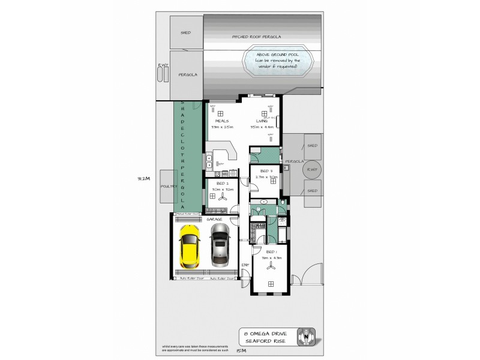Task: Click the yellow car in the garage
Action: tap(189, 248)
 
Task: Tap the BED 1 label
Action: tap(271, 251)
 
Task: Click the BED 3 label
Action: tap(267, 171)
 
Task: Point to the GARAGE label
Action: tap(214, 220)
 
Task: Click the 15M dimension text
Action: tap(242, 350)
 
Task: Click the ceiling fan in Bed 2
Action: tap(223, 196)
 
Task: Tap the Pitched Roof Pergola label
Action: tap(257, 37)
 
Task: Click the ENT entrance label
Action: tap(245, 264)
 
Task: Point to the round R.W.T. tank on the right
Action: tap(311, 170)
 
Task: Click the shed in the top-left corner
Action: tap(186, 32)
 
